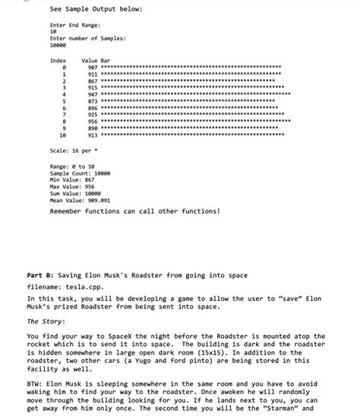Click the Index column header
point(58,60)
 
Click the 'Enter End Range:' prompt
point(74,25)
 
